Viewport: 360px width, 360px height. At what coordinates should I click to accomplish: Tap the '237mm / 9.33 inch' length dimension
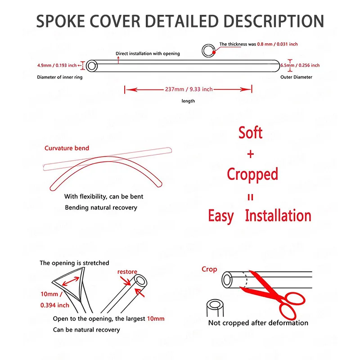click(x=189, y=89)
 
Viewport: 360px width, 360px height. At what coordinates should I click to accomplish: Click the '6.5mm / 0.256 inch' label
click(x=300, y=65)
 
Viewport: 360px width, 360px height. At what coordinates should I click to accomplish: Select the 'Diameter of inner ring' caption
click(x=60, y=77)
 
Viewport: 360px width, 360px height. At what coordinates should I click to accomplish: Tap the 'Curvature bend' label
click(x=67, y=148)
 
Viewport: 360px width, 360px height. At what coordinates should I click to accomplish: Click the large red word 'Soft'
click(x=251, y=133)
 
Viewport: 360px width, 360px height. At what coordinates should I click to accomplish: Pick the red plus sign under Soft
click(x=251, y=154)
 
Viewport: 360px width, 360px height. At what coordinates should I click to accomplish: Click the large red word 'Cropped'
click(x=252, y=174)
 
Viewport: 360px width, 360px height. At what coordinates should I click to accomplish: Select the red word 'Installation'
click(x=278, y=216)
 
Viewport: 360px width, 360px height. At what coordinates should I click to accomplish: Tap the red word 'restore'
click(x=127, y=272)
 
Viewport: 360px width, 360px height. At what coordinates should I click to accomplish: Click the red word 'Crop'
click(x=209, y=269)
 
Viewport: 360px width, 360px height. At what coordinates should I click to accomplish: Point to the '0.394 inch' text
click(x=54, y=305)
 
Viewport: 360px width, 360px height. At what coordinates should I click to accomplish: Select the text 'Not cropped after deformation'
click(x=258, y=323)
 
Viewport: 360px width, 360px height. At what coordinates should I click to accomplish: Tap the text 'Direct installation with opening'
click(x=148, y=54)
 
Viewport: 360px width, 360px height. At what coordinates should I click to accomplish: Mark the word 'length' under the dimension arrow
click(x=188, y=101)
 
